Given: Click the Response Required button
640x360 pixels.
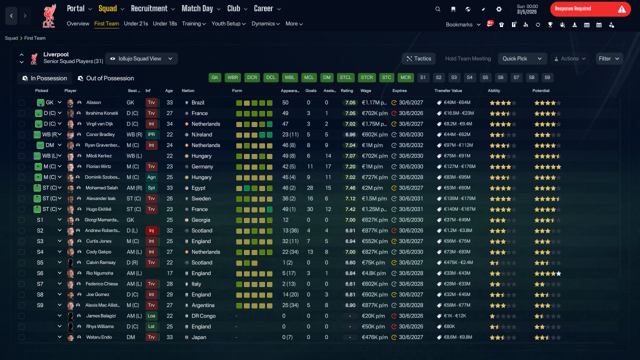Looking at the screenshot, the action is coord(590,9).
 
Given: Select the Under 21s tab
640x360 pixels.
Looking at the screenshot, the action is coord(135,23).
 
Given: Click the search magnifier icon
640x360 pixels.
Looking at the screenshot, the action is coord(437,9).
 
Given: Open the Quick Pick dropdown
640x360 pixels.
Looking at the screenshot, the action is coord(522,58).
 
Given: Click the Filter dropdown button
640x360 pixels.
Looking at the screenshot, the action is coord(609,58).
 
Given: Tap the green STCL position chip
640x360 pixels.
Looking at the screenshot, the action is coord(345,77).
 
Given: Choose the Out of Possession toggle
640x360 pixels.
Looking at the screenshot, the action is coord(106,78).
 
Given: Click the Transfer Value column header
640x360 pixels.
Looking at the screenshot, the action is coord(448,90).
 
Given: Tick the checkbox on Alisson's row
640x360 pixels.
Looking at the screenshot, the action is coord(21,102).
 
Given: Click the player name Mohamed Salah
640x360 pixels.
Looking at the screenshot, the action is coord(101,187).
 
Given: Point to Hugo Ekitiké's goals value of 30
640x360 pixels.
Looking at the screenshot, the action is coord(309,209).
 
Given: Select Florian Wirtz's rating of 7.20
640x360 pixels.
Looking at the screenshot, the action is coord(350,166).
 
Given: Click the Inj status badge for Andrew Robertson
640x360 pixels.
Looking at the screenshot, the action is coord(151,230).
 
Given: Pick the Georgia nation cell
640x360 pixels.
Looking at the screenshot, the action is coord(200,220).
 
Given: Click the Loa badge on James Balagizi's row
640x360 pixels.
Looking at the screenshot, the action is coord(151,316).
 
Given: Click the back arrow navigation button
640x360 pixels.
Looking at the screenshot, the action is coord(11,15).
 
